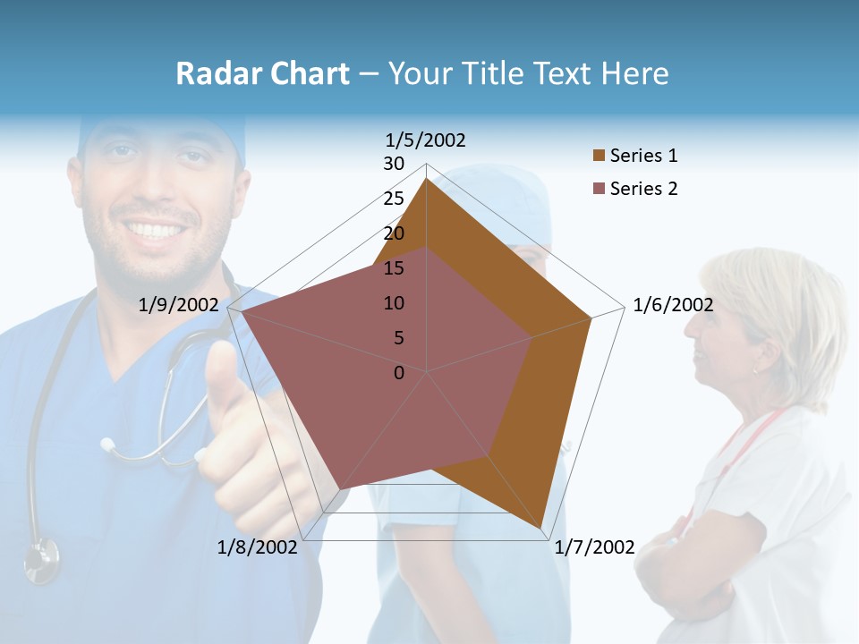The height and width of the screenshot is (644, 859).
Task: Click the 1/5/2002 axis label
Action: [425, 140]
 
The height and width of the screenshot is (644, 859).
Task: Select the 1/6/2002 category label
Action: [673, 305]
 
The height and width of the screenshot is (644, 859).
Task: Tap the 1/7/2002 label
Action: [595, 547]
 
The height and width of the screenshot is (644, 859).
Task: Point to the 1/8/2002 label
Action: [257, 547]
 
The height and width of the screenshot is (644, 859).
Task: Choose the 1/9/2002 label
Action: [178, 305]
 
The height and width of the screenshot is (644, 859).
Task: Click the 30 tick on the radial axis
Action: [394, 164]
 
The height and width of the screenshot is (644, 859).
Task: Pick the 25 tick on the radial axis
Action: [394, 199]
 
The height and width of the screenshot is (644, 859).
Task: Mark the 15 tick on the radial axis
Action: [394, 268]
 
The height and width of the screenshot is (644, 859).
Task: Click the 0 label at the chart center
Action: [399, 373]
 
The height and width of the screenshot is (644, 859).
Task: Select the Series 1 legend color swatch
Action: [599, 156]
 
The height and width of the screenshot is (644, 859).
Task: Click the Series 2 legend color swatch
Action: [599, 189]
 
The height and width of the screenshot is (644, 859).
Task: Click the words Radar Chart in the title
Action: [262, 73]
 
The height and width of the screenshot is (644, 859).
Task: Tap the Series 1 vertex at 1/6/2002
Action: [591, 318]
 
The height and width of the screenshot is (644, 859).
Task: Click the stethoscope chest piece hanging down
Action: [41, 559]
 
